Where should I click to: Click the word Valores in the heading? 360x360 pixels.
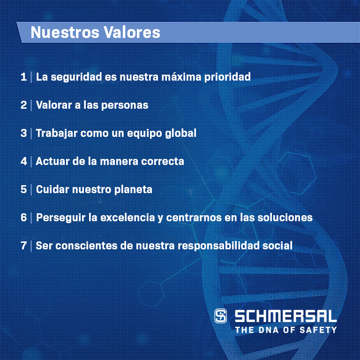click(132, 32)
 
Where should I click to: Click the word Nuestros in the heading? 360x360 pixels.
click(65, 32)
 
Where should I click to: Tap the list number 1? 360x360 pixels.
click(23, 77)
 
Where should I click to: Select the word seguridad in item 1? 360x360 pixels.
click(76, 77)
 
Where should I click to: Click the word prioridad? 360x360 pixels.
click(227, 77)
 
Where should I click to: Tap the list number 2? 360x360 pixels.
click(23, 105)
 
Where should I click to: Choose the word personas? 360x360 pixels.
click(125, 105)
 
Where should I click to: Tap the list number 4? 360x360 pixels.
click(23, 161)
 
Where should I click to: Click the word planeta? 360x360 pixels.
click(133, 190)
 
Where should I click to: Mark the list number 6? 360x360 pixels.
click(23, 217)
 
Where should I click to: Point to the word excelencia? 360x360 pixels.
click(127, 217)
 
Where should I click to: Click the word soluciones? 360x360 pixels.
click(285, 217)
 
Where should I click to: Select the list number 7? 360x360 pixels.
click(23, 246)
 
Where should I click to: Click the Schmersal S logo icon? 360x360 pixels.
click(221, 316)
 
